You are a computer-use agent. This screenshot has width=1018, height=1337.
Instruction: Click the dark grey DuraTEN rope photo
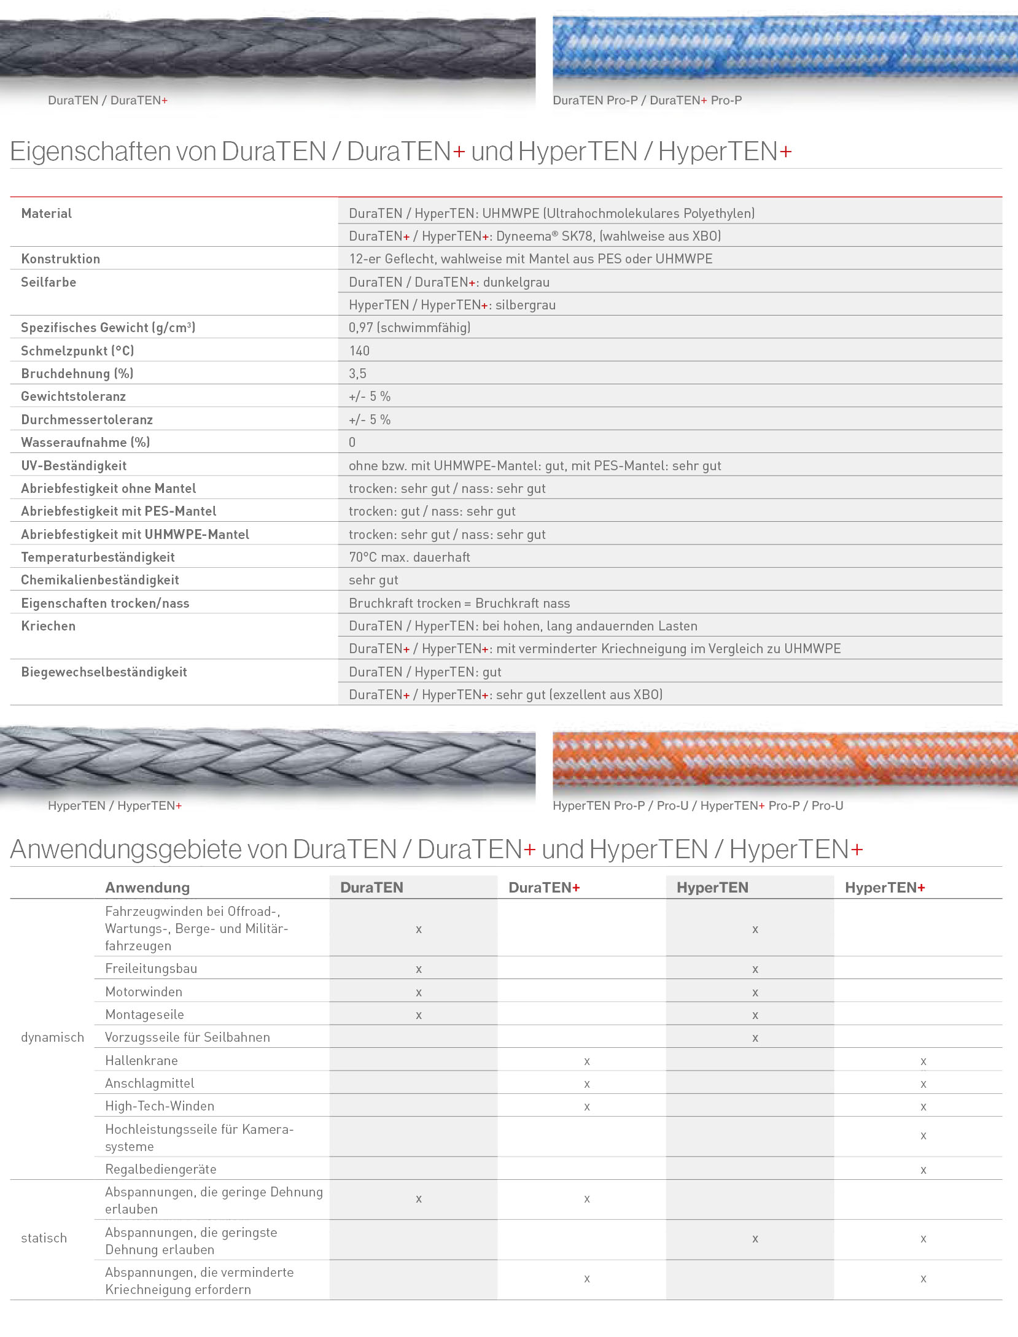[x=267, y=48]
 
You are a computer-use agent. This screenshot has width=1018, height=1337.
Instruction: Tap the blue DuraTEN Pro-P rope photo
[x=785, y=48]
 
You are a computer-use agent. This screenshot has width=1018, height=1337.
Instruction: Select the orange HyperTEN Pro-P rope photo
[x=785, y=759]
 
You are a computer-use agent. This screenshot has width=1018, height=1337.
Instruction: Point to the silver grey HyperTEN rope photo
[x=267, y=758]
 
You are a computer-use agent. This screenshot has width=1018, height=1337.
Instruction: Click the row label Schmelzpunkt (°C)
[x=77, y=351]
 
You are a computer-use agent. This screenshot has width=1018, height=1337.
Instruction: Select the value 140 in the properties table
[x=359, y=351]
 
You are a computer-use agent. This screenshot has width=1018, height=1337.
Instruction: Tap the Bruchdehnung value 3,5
[x=357, y=373]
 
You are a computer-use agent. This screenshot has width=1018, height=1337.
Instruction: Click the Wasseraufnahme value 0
[x=352, y=442]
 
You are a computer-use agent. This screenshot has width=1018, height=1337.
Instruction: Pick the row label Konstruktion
[x=60, y=258]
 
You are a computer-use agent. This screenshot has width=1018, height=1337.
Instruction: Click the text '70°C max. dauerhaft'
[x=409, y=557]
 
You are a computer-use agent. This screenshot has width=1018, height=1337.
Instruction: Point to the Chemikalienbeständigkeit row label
[x=99, y=579]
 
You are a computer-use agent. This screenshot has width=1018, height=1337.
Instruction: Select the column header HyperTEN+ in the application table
[x=884, y=887]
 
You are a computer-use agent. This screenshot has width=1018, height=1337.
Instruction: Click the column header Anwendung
[x=147, y=887]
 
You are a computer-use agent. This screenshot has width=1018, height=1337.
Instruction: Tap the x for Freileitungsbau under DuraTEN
[x=419, y=969]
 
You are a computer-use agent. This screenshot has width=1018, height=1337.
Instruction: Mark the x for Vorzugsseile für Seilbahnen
[x=755, y=1038]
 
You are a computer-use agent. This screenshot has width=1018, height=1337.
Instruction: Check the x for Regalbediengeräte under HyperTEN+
[x=923, y=1170]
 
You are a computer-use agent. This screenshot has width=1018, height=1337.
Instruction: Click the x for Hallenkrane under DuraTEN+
[x=587, y=1061]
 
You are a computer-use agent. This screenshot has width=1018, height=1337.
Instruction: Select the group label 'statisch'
[x=44, y=1238]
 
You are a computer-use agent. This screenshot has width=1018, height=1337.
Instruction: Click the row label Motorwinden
[x=144, y=991]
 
